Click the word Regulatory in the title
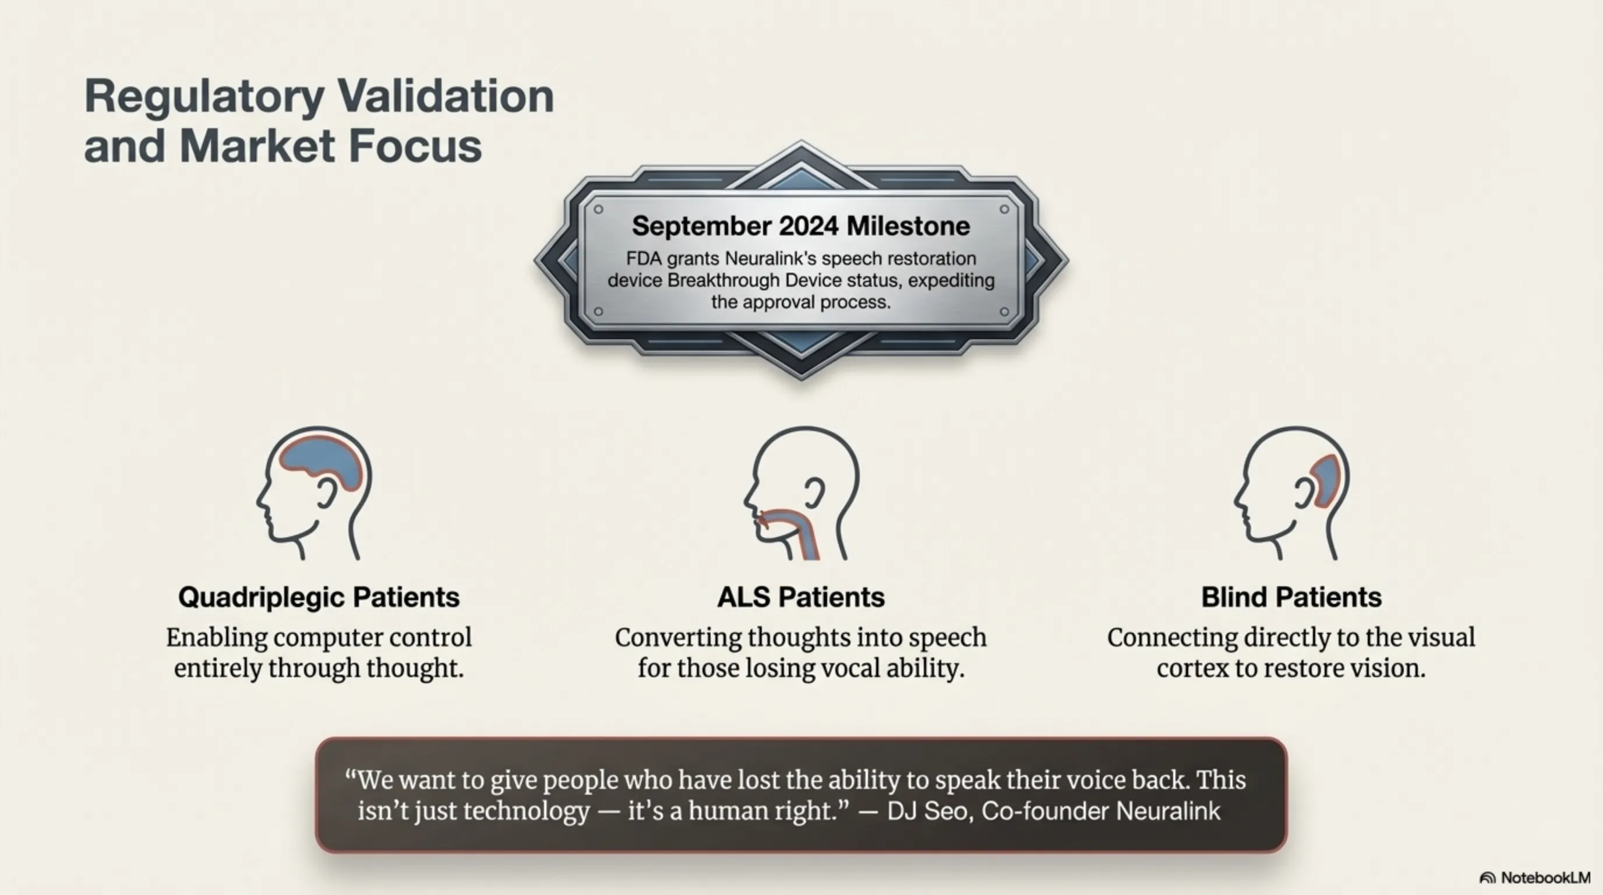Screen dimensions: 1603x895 tap(204, 97)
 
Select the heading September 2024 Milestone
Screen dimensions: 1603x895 tap(801, 225)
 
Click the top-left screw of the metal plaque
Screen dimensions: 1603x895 tap(599, 209)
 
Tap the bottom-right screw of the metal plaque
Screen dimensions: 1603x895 tap(1004, 311)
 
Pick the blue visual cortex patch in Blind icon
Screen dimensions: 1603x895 tap(1323, 479)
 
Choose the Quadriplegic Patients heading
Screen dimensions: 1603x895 tap(319, 597)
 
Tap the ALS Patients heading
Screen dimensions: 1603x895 tap(801, 597)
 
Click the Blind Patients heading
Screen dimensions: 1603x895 tap(1291, 597)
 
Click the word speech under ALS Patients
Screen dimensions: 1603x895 tap(948, 638)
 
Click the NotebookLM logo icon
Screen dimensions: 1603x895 tap(1487, 878)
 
